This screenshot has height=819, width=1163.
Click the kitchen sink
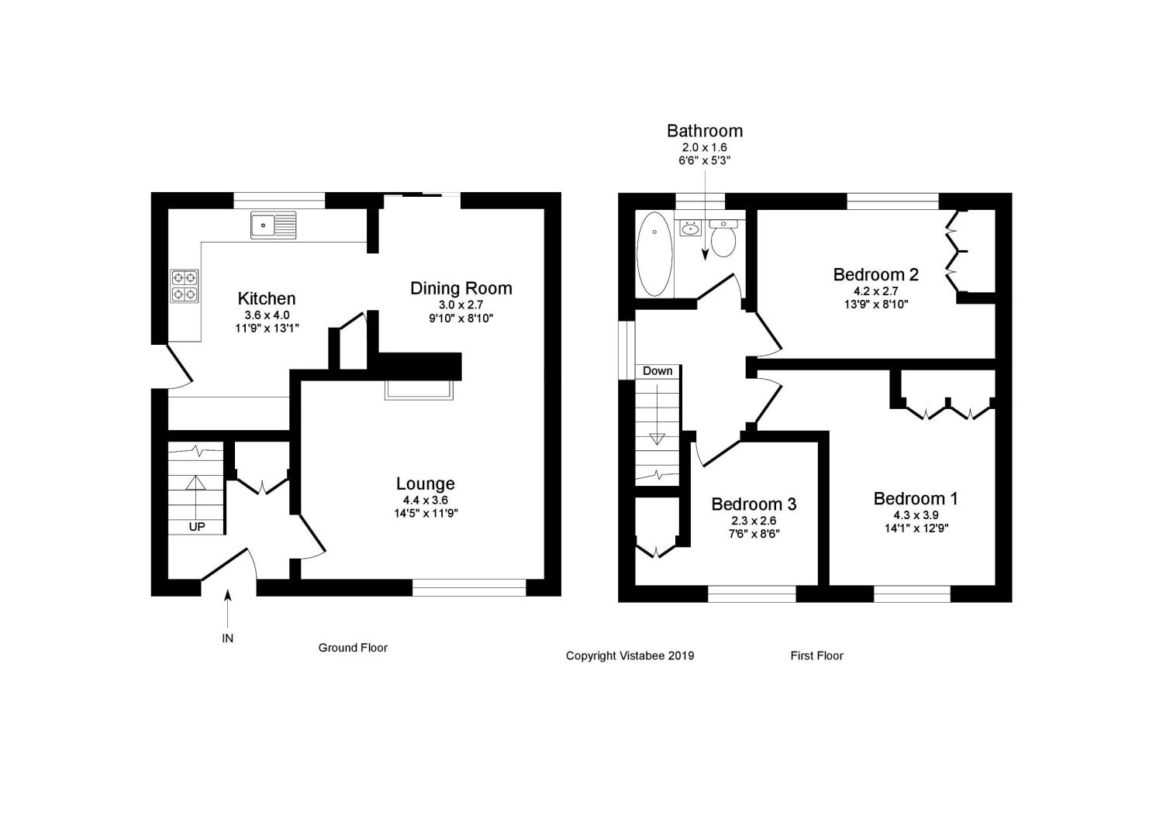[x=273, y=225]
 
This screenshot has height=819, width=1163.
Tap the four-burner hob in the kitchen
[x=185, y=286]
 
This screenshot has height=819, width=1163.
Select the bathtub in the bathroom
[x=654, y=254]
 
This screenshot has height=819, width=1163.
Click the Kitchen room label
[x=267, y=298]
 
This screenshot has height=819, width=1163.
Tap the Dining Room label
[x=461, y=288]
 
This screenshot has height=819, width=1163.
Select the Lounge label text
[x=425, y=483]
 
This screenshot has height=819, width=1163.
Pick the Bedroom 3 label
[x=754, y=504]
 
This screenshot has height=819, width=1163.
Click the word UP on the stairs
[x=197, y=527]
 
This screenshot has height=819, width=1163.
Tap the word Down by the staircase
[x=657, y=371]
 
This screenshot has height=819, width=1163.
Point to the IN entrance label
[x=227, y=638]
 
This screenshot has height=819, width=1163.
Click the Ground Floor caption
[x=353, y=648]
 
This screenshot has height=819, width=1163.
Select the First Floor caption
[x=816, y=656]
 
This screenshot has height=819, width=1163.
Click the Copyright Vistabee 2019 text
[x=630, y=656]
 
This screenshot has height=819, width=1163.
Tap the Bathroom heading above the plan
[x=705, y=131]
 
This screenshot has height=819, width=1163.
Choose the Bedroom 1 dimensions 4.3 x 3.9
[x=916, y=515]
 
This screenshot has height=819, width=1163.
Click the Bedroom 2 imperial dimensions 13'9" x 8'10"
[x=876, y=305]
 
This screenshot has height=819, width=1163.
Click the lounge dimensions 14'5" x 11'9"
[x=426, y=513]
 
